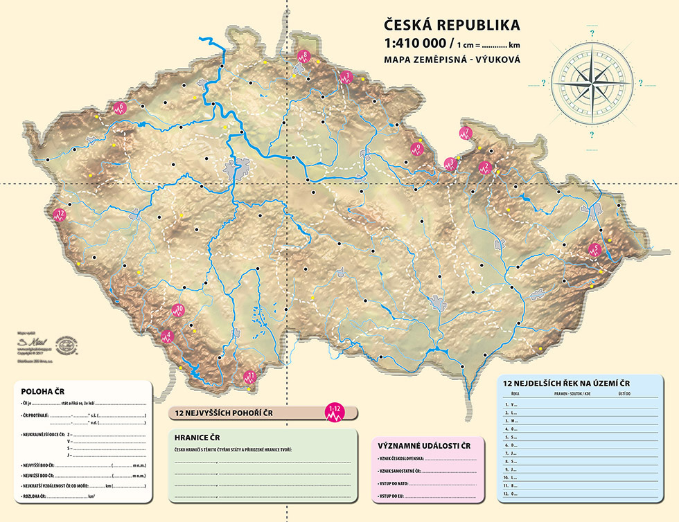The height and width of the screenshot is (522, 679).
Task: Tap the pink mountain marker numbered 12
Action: (x=60, y=215)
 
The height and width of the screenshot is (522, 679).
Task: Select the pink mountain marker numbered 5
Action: (x=594, y=250)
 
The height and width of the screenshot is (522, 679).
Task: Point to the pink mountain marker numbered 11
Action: (x=250, y=378)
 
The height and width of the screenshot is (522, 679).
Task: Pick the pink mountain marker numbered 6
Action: (x=119, y=109)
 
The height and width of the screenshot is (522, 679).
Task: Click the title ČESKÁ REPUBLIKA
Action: (x=452, y=26)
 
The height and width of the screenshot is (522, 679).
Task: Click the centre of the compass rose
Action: (x=590, y=82)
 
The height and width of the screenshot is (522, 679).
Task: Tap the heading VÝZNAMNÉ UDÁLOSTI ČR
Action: (x=424, y=445)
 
